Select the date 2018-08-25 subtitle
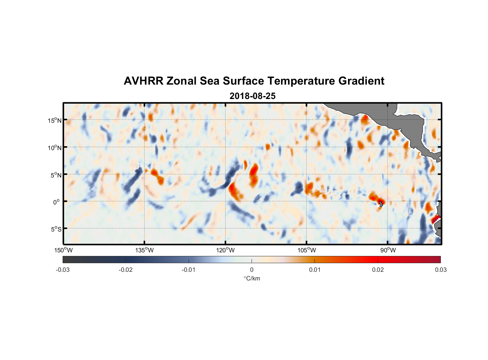tap(252, 96)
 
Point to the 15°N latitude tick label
tap(54, 120)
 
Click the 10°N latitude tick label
tap(54, 148)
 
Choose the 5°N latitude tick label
tap(56, 175)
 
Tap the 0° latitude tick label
tap(56, 202)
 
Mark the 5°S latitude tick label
tap(56, 229)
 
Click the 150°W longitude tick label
tap(63, 250)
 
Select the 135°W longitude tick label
tap(144, 250)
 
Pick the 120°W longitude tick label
tap(225, 250)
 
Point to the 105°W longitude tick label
tap(307, 250)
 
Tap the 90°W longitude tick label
tap(388, 250)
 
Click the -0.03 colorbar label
tap(63, 270)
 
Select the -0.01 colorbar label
tap(188, 270)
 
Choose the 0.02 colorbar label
tap(378, 270)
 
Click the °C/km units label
tap(252, 278)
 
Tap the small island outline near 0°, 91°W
tap(381, 204)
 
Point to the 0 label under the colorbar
tap(252, 270)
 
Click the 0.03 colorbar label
tap(440, 270)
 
